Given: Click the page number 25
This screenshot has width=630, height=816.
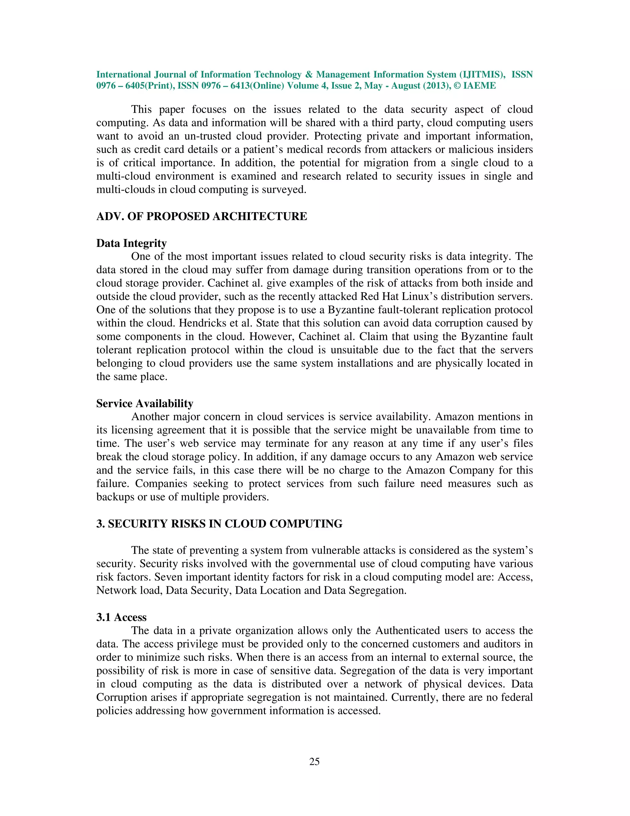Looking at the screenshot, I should point(314,761).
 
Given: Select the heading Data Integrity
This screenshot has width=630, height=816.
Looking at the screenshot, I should point(131,243).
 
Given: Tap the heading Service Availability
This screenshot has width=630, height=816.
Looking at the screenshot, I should point(145,403).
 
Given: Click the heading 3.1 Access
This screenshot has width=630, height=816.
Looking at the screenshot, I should point(121,617).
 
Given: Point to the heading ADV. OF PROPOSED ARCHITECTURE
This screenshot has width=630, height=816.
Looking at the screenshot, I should point(201,216).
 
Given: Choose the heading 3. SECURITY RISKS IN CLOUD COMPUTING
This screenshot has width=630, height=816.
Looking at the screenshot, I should point(219,524).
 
